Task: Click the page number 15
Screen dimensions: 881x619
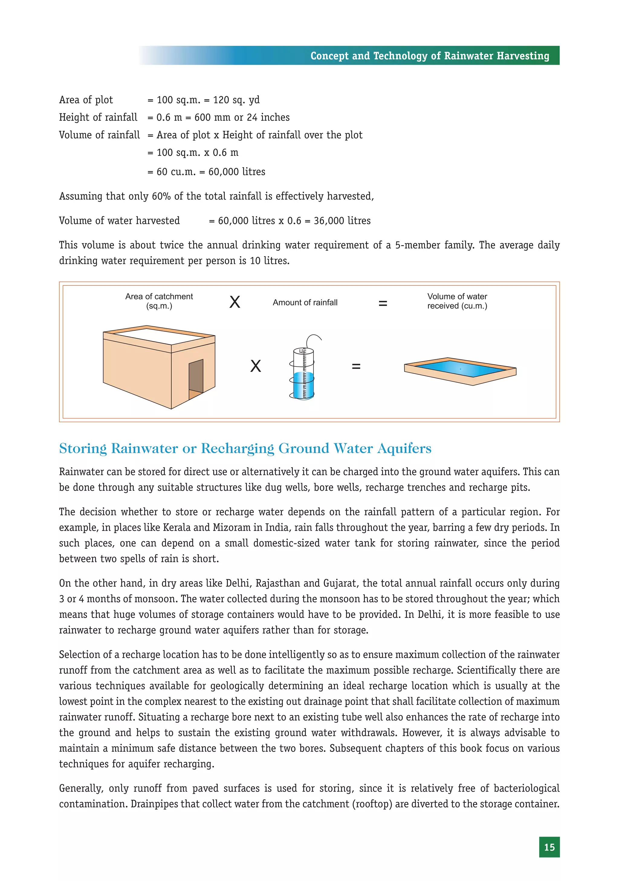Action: coord(549,847)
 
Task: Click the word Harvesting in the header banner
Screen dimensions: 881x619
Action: coord(523,56)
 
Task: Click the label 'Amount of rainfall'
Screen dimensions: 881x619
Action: coord(305,302)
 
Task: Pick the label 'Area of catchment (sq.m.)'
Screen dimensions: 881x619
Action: coord(159,301)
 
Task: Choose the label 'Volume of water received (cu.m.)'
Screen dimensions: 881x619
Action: coord(457,301)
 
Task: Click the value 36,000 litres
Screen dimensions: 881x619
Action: coord(342,221)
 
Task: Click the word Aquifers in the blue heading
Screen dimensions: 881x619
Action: coord(404,448)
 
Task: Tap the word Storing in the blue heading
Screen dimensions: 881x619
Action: coord(83,448)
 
